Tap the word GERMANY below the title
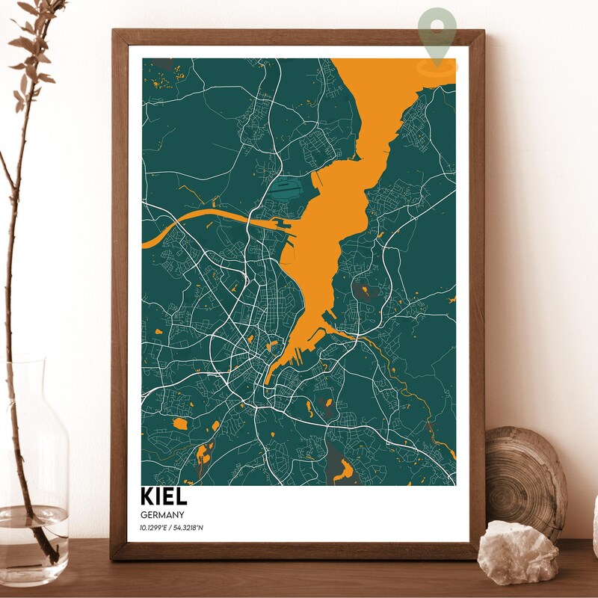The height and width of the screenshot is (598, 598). (x=162, y=516)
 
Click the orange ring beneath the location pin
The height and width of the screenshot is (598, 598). (x=437, y=66)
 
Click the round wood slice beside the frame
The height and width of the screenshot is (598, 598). (x=527, y=478)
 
